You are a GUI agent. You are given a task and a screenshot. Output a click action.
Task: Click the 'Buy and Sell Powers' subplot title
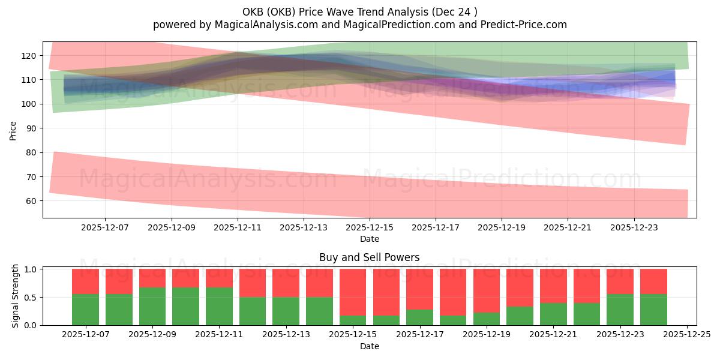(369, 257)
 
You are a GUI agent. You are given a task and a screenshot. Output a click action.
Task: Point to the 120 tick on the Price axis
(30, 56)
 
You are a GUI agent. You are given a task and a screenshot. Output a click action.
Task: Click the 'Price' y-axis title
(13, 130)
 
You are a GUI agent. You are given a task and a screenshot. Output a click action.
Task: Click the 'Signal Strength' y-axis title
(16, 296)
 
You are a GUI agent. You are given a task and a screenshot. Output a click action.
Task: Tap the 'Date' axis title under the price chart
(369, 239)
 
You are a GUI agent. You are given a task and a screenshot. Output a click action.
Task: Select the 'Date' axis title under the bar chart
(369, 346)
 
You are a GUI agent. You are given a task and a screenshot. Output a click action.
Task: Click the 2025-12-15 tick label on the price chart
(370, 227)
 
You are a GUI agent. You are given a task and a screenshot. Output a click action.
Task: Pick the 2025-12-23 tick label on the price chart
(635, 227)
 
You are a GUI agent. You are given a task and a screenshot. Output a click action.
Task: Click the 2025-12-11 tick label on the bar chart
(220, 334)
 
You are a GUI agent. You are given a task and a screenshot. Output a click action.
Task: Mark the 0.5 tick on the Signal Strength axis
(29, 297)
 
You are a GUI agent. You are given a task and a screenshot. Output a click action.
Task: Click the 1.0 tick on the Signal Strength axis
(29, 269)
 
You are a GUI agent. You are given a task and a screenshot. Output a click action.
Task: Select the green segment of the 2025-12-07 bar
(85, 310)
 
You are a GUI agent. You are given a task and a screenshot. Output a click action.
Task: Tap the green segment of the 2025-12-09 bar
(152, 307)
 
